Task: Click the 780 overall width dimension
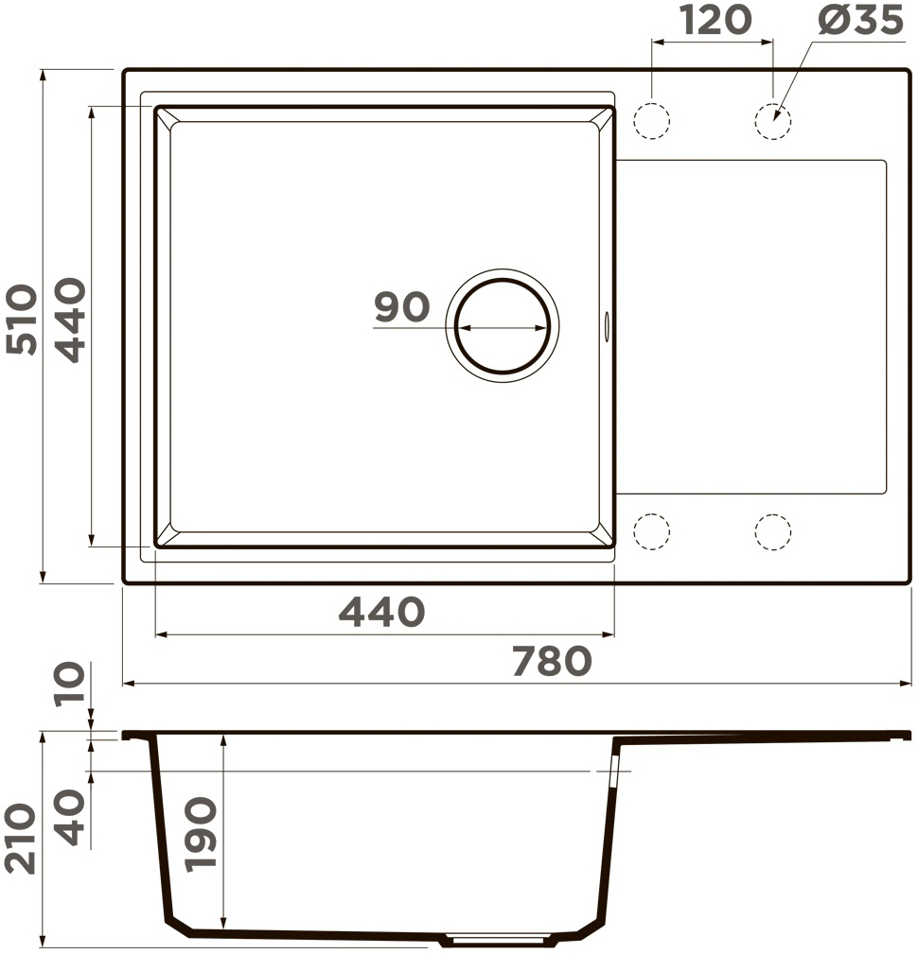pyautogui.click(x=552, y=661)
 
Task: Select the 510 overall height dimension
pyautogui.click(x=22, y=319)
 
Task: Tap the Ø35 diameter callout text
pyautogui.click(x=860, y=21)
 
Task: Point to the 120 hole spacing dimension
pyautogui.click(x=715, y=21)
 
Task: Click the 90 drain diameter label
pyautogui.click(x=401, y=306)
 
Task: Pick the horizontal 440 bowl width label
pyautogui.click(x=381, y=612)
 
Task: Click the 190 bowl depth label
pyautogui.click(x=202, y=835)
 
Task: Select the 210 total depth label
pyautogui.click(x=21, y=839)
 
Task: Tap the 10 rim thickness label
pyautogui.click(x=69, y=684)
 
